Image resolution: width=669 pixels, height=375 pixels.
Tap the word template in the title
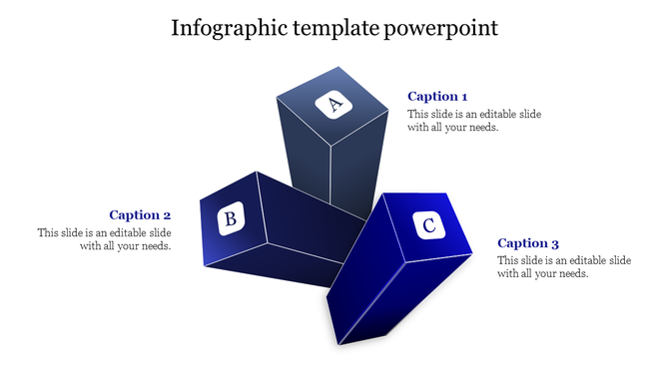(335, 27)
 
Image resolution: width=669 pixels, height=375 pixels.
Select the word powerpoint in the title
(440, 27)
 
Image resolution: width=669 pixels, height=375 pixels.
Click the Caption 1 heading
(437, 97)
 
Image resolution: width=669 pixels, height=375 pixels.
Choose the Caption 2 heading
(140, 214)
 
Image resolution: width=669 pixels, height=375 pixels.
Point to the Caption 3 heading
(527, 243)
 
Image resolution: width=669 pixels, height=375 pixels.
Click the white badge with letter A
(334, 104)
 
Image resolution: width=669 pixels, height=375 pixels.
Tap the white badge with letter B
(232, 218)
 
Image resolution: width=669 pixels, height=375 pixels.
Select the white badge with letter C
(429, 226)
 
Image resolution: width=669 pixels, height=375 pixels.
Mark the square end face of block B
(233, 219)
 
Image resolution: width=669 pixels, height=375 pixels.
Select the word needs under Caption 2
(150, 245)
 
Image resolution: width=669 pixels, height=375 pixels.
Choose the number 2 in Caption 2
(167, 214)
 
